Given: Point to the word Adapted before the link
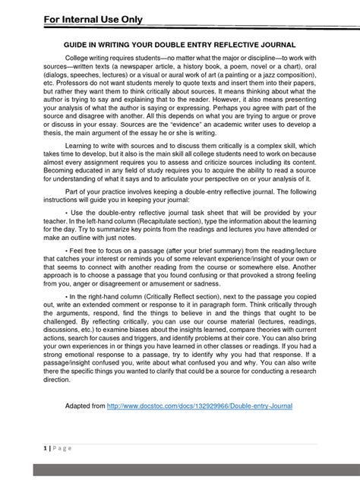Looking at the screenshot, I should coord(83,406).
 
